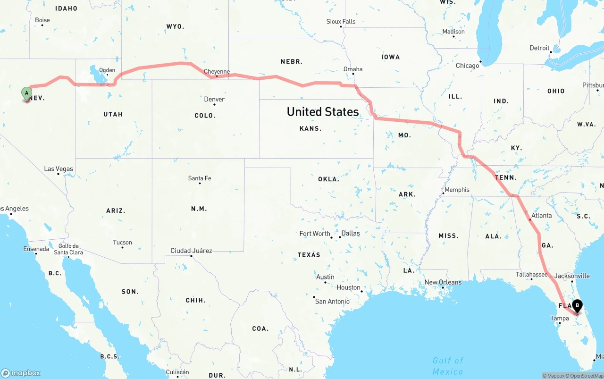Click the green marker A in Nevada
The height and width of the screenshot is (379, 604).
pos(26,93)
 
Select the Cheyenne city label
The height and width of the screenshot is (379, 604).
pos(217,72)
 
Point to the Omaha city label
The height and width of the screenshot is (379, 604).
pos(353,69)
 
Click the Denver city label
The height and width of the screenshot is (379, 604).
pos(214,99)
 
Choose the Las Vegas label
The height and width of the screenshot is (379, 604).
pos(59,168)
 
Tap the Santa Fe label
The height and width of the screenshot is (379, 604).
pos(200,178)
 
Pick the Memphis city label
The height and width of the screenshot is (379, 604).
pos(457,190)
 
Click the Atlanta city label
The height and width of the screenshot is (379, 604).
pos(541,215)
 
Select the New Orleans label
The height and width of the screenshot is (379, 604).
pos(443,282)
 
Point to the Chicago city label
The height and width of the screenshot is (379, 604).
pos(467,66)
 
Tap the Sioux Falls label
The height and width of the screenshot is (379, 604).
pos(341,21)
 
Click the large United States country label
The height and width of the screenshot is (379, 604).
pos(323,112)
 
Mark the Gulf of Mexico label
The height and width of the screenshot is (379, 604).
pos(448,366)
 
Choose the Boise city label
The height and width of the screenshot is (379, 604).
pos(42,20)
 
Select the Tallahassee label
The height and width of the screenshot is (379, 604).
pos(531,274)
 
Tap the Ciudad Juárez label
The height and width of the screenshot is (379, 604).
pos(191,251)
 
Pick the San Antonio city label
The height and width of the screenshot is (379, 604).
pos(332,301)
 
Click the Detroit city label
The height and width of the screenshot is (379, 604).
pos(539,48)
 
